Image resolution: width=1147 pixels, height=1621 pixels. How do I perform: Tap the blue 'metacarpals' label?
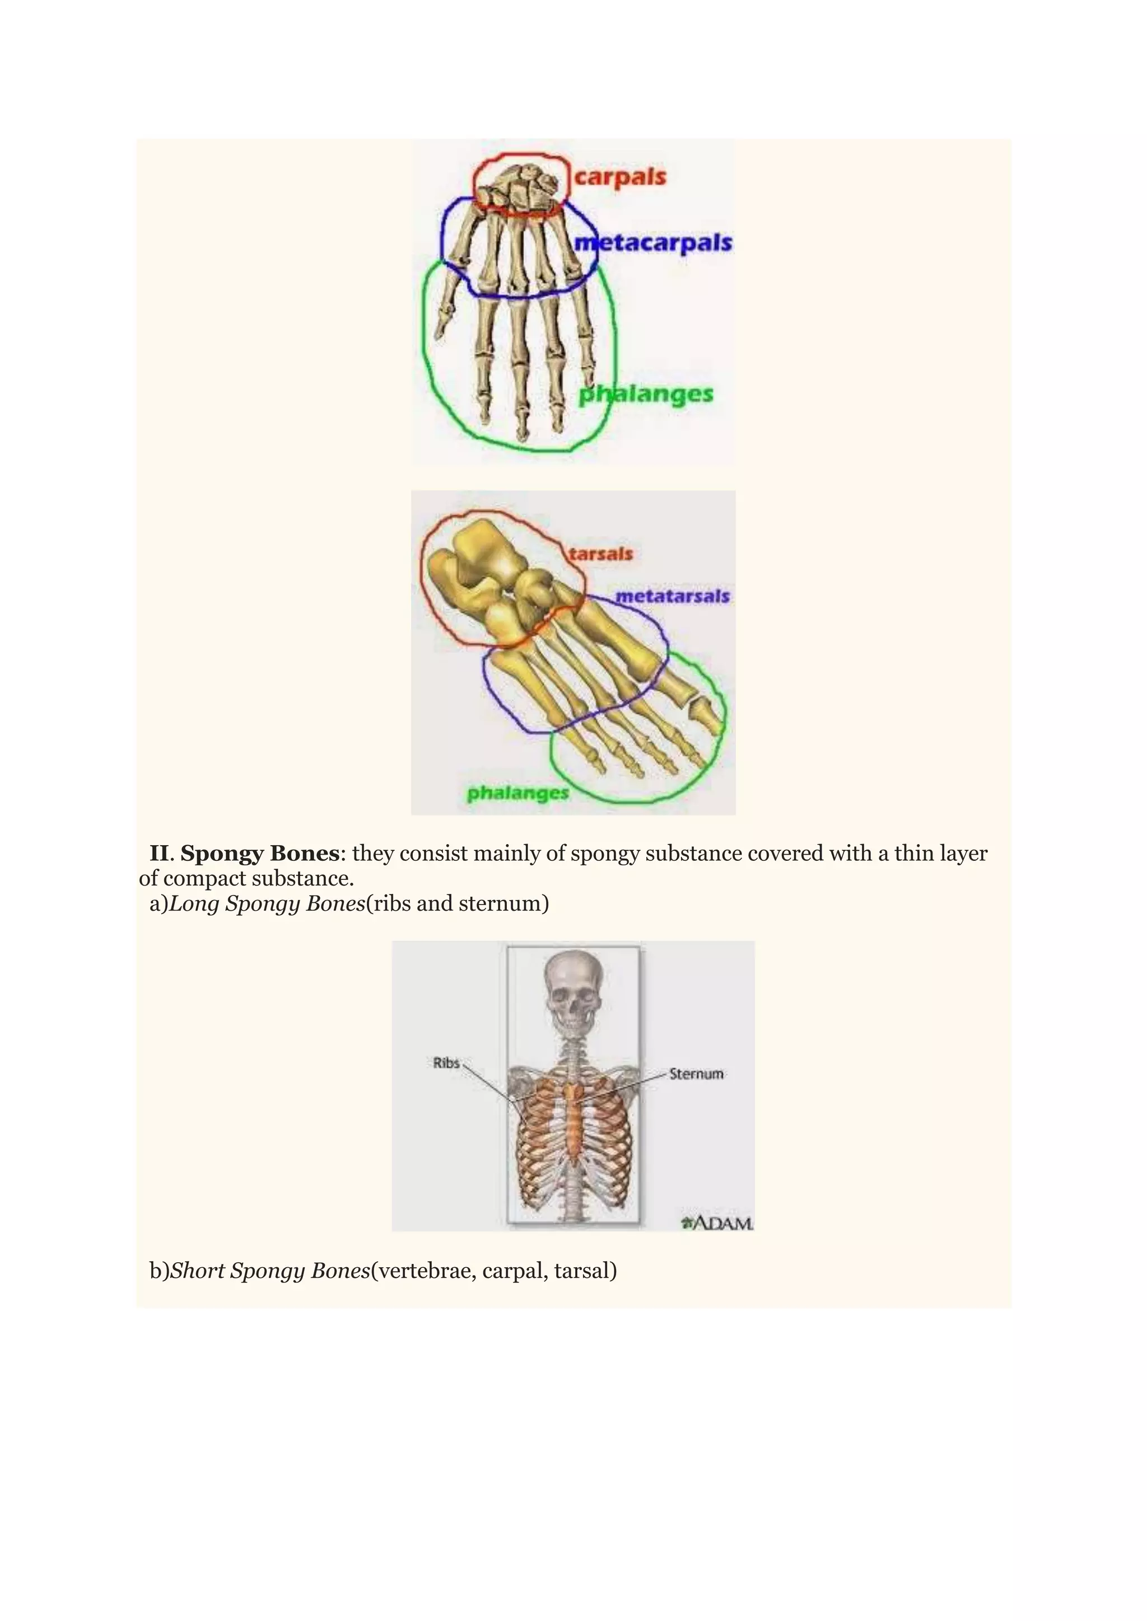point(652,243)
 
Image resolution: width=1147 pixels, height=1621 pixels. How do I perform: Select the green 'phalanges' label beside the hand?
point(646,394)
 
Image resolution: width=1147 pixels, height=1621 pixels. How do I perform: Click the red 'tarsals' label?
point(601,554)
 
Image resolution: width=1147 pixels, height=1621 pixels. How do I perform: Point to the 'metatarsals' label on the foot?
point(672,597)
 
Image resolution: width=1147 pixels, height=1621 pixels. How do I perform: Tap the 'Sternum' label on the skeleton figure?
point(696,1074)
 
